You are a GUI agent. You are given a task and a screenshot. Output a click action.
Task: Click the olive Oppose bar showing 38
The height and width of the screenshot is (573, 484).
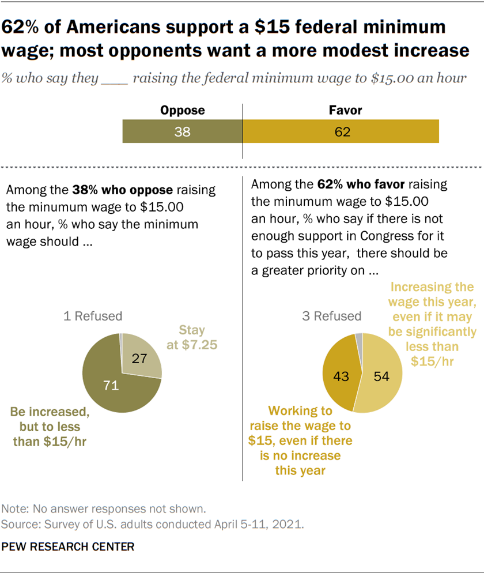tap(182, 131)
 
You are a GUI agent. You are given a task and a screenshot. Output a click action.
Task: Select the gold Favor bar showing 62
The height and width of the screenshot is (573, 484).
tap(341, 131)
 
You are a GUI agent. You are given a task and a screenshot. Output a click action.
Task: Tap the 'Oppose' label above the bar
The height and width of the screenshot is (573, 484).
tap(182, 111)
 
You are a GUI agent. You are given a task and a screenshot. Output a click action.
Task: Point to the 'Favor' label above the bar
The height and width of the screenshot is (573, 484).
tap(341, 111)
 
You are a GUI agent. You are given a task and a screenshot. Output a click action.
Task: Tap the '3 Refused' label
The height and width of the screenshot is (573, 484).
tap(332, 316)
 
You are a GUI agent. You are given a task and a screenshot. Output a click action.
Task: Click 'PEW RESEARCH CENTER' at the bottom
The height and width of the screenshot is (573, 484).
tap(68, 545)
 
